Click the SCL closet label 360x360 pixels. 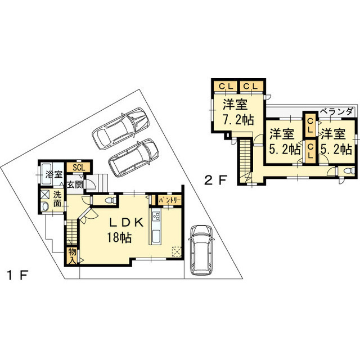[79, 168]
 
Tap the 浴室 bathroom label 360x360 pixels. [54, 174]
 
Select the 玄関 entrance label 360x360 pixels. [75, 184]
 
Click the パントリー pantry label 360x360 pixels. [170, 200]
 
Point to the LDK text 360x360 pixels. [126, 222]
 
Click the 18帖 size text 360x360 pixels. [119, 237]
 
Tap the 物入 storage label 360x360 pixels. [73, 256]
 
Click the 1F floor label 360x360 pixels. [17, 275]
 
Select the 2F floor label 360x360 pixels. [215, 180]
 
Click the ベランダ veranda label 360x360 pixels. [336, 112]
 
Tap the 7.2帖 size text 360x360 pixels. [238, 120]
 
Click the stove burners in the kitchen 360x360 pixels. [156, 216]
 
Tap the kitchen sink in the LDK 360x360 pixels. [156, 235]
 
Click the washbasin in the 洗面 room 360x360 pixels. [45, 206]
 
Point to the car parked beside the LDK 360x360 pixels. [201, 250]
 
